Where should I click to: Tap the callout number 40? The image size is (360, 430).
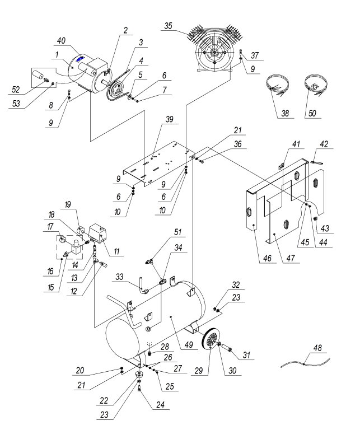click(x=60, y=40)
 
